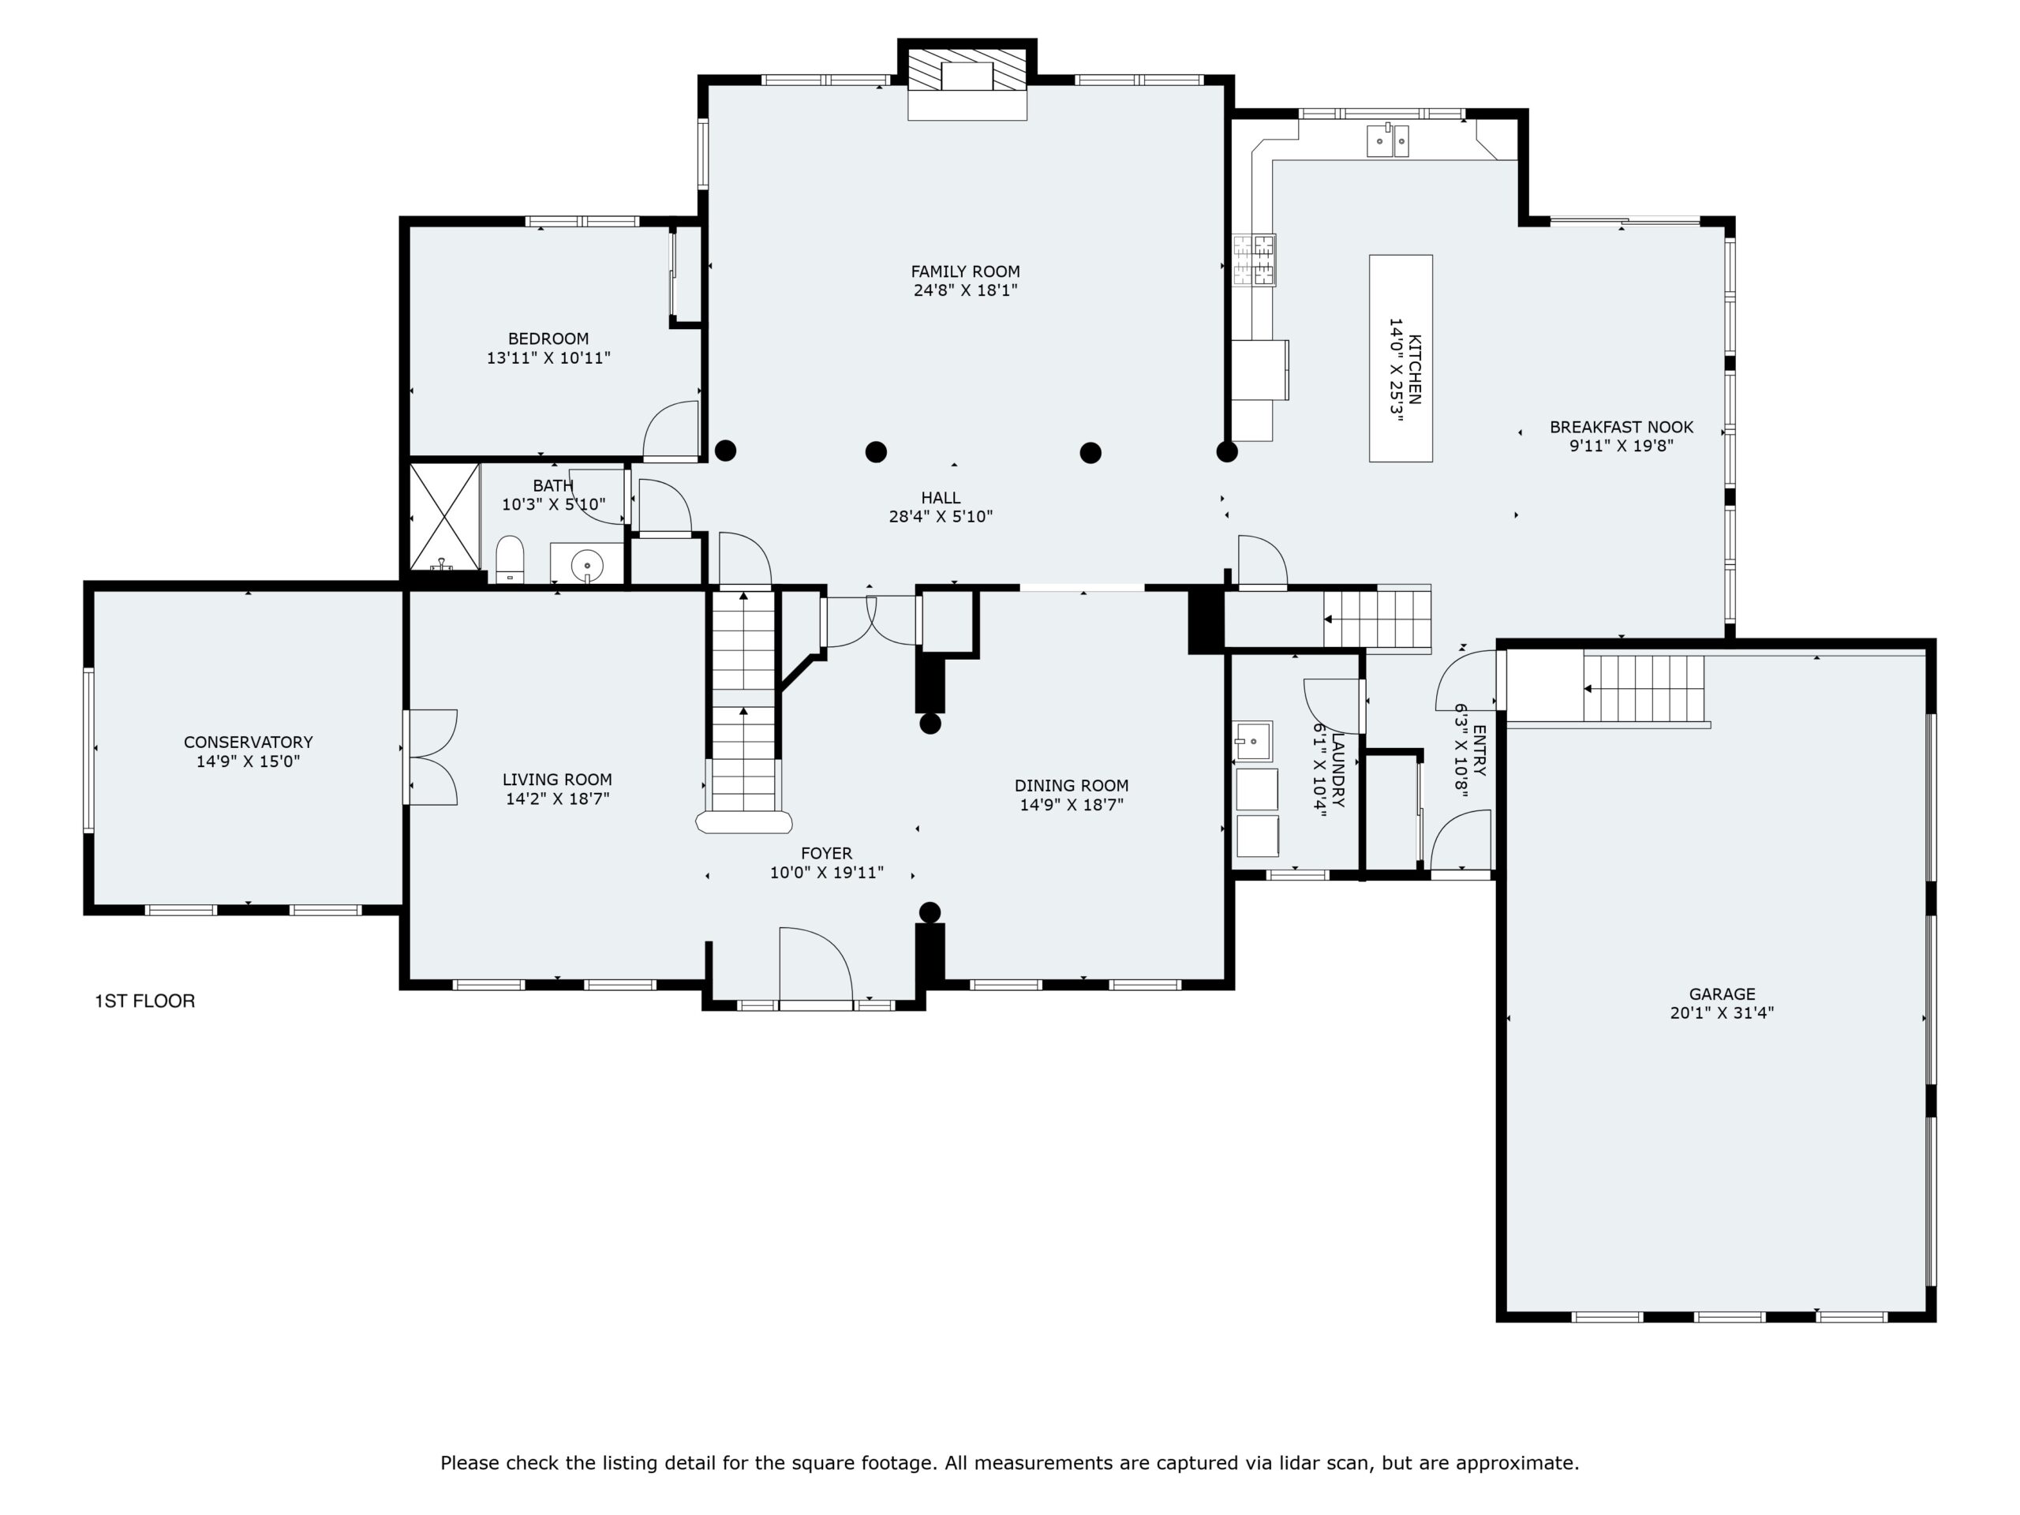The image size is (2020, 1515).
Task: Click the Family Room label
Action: coord(965,271)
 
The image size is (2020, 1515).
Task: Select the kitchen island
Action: coord(1400,358)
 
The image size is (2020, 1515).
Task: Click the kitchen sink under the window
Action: coord(1387,141)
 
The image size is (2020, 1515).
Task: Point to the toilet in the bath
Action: coord(510,559)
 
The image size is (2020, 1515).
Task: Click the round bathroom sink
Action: coord(587,565)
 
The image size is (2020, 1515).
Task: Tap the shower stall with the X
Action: coord(445,516)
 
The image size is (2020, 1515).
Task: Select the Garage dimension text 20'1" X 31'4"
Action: coord(1722,1012)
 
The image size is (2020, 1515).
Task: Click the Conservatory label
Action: coord(249,743)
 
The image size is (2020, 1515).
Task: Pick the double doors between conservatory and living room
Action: coord(432,757)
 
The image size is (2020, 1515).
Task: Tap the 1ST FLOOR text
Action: coord(145,1001)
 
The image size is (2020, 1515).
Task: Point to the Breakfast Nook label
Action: coord(1621,426)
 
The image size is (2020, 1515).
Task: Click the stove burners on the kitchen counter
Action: coord(1254,260)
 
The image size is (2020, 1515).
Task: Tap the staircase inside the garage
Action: coord(1644,689)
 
